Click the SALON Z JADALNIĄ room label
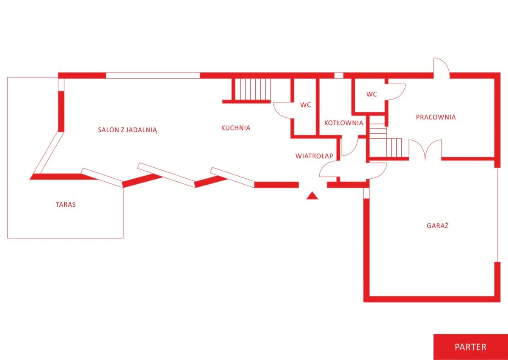coord(127,130)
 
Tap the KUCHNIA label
coord(236,128)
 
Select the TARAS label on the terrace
coord(66,205)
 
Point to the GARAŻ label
coord(437,225)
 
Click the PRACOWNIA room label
coord(436,117)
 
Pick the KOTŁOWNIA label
coord(344,123)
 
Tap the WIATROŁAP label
coord(314,156)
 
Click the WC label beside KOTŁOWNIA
coord(306,105)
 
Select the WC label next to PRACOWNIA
coord(372,94)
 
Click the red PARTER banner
coord(471,347)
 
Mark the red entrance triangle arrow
coord(312,196)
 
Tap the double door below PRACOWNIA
coord(425,150)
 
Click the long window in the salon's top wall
coord(153,75)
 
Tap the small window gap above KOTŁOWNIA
coord(339,75)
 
